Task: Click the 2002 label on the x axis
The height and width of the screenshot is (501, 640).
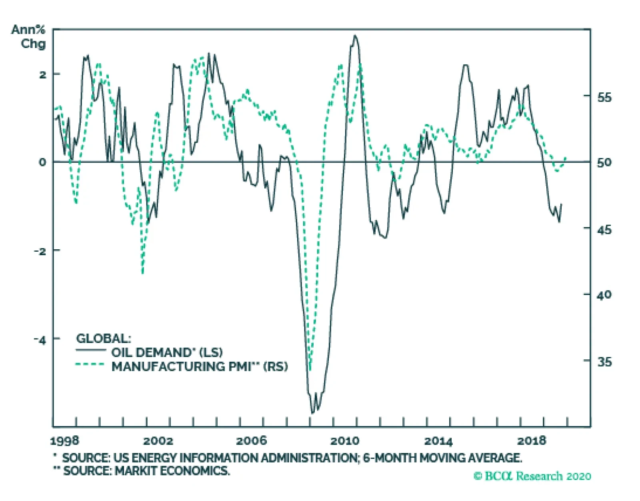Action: pos(158,441)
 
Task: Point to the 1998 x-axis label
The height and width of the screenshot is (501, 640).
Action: pos(65,441)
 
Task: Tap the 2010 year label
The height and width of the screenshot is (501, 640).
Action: pos(344,441)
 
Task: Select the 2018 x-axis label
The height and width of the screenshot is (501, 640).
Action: pos(531,441)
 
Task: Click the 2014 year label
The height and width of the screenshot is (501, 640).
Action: pos(438,441)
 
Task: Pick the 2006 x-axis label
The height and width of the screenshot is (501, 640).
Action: pos(251,441)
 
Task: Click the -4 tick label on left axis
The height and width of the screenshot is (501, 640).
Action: pos(40,340)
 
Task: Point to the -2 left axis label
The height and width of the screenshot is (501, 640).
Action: pos(40,251)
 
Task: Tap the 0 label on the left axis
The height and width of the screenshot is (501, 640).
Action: pos(42,162)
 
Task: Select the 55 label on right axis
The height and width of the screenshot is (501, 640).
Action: pos(604,97)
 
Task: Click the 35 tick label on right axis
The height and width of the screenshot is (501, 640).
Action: pos(604,361)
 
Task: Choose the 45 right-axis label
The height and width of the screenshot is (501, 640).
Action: pos(604,230)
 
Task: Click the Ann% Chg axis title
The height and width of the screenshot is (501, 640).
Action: pos(28,36)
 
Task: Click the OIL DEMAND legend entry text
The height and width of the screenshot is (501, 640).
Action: pos(167,352)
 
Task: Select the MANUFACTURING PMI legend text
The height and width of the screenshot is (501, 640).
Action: pos(199,367)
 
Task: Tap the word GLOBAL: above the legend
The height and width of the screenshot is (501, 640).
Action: pos(103,339)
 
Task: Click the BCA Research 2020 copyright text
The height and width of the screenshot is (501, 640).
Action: pos(532,476)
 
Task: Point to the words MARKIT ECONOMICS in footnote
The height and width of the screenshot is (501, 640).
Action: pos(172,471)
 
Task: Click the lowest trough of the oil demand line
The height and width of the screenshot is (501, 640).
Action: pos(312,413)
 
